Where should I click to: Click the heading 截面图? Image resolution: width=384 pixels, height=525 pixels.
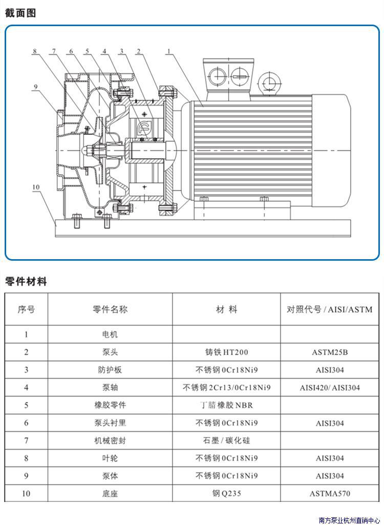20,13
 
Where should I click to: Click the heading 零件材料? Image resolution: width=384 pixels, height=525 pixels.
26,281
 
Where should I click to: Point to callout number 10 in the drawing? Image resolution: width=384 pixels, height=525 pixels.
36,187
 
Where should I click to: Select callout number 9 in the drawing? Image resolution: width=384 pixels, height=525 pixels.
35,87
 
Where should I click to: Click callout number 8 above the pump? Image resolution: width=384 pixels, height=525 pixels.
35,51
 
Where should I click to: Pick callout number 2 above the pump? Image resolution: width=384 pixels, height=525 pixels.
138,51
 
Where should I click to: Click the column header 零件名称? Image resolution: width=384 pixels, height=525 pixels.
110,309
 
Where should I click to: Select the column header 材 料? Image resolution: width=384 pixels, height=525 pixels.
226,309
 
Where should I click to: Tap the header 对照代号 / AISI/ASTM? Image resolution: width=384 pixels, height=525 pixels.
329,309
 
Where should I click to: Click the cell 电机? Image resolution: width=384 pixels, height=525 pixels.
110,334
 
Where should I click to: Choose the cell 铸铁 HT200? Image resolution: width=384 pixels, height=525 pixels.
226,352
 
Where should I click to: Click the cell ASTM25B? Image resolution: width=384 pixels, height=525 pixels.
330,352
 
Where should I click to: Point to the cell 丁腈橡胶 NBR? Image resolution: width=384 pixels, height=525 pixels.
226,405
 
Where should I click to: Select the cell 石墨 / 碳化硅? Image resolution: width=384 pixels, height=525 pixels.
226,440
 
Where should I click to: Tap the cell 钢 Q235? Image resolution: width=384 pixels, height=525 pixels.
226,494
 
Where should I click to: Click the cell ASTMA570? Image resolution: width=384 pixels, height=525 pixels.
330,494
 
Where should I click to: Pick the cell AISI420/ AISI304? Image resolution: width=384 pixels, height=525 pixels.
330,388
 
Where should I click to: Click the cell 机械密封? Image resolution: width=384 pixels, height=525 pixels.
110,440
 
